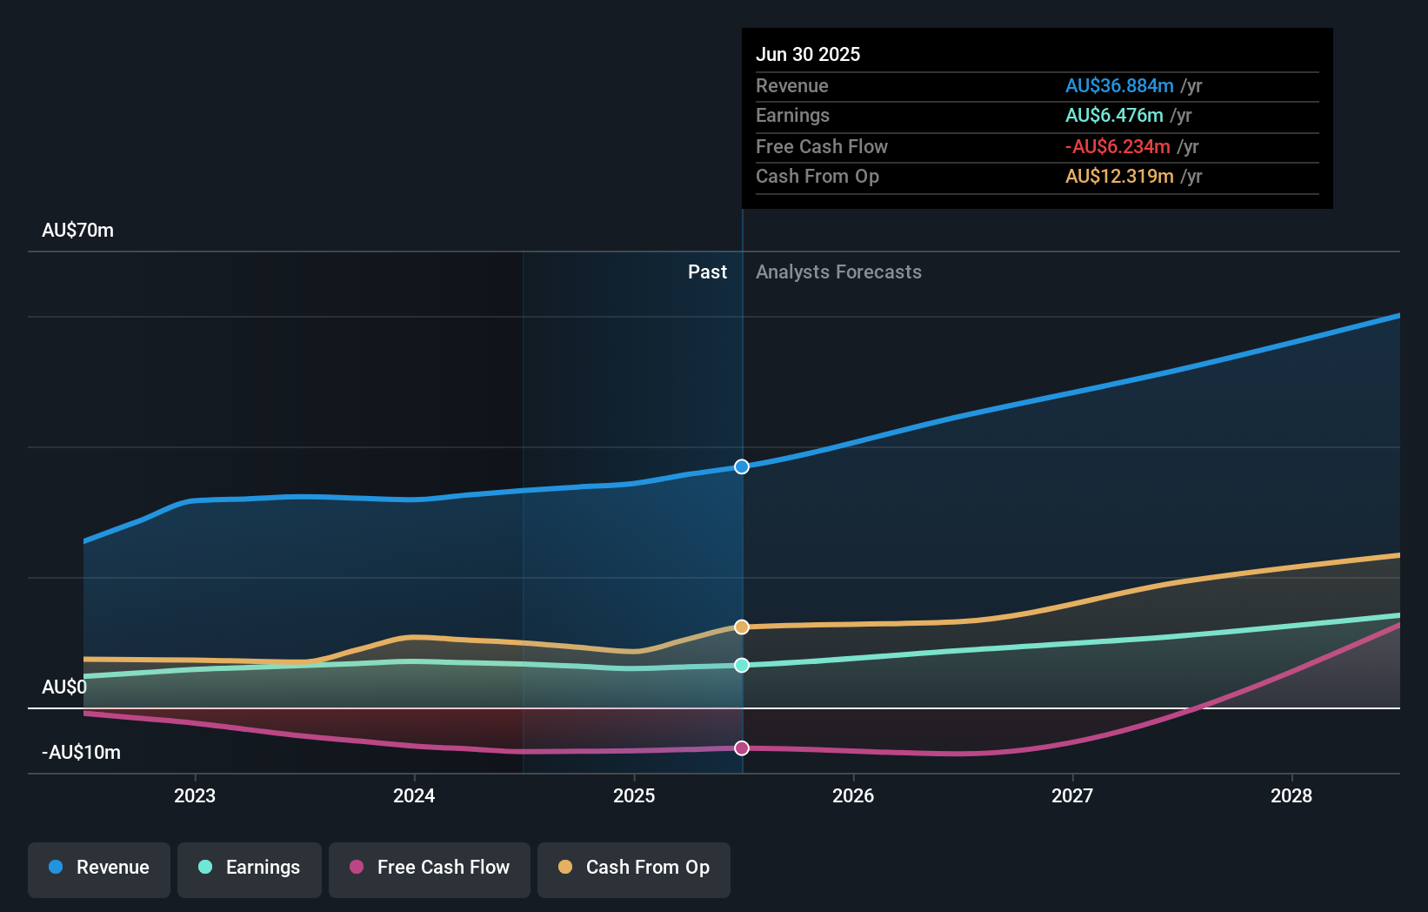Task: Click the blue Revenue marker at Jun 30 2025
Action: (742, 466)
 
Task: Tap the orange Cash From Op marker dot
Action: (742, 627)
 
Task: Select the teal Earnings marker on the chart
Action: (742, 665)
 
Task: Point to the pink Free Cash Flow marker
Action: (742, 748)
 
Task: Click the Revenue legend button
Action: (99, 868)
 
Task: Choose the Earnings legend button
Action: (250, 868)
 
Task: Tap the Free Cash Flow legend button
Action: (430, 868)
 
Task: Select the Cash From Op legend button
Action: (634, 868)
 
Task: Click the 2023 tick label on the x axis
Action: (195, 796)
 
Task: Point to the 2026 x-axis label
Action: (853, 796)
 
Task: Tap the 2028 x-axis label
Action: (1291, 796)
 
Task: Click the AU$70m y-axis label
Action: (78, 231)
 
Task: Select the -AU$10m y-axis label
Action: (82, 753)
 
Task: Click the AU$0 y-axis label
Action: (64, 687)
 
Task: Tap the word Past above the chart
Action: (707, 272)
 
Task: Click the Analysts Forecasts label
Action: (838, 272)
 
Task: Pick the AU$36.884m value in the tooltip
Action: (1119, 86)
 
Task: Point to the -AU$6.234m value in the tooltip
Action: (1118, 147)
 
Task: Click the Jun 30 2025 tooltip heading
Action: (808, 55)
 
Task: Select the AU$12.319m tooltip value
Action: (1119, 177)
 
